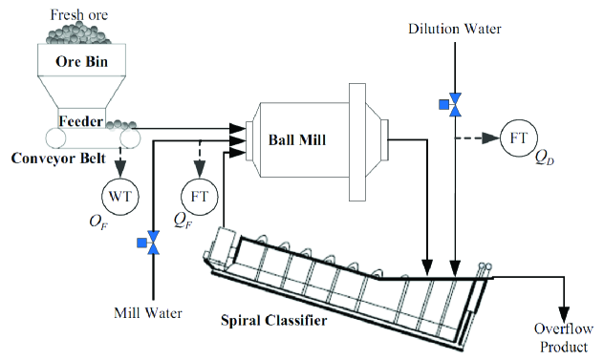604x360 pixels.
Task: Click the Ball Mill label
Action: (297, 139)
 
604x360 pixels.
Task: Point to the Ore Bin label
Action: (81, 61)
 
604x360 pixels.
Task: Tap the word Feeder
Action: (81, 121)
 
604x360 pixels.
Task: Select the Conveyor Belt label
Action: (58, 159)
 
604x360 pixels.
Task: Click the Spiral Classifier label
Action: (274, 320)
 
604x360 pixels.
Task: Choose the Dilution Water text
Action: (455, 29)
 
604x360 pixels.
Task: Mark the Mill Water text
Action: (148, 312)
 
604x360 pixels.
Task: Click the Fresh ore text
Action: (79, 14)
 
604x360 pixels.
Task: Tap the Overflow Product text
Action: (564, 338)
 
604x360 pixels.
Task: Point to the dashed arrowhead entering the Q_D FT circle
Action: (492, 138)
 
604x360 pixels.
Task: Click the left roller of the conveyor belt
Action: (55, 138)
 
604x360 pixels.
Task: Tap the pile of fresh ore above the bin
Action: (78, 32)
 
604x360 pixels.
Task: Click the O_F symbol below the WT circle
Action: (98, 222)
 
